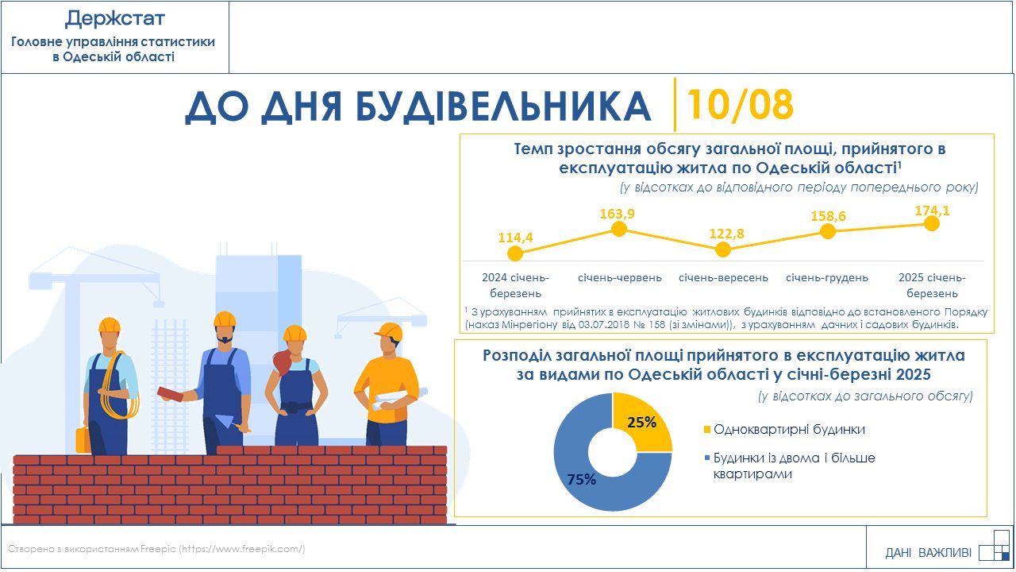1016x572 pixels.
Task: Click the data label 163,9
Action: coord(618,214)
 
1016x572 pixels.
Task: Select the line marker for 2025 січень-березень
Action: coord(932,223)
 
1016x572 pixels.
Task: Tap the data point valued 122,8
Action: coord(723,249)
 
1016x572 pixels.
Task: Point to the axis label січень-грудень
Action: coord(827,277)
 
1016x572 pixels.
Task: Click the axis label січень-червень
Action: coord(620,277)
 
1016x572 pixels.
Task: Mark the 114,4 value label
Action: coord(516,238)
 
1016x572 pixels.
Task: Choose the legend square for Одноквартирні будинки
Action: coord(706,430)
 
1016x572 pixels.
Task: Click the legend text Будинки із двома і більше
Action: coord(795,458)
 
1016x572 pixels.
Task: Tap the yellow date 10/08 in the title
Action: coord(741,105)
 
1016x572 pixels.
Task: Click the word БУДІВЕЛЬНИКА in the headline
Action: coord(503,106)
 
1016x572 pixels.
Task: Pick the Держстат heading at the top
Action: coord(114,19)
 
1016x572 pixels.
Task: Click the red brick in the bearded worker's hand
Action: coord(171,393)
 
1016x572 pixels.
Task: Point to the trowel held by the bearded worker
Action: coord(229,422)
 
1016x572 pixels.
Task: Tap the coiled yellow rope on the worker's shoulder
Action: coord(119,386)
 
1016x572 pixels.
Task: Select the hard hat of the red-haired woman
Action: coord(294,333)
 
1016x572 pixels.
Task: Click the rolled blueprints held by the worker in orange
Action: coord(399,398)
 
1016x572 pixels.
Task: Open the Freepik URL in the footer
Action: coord(242,549)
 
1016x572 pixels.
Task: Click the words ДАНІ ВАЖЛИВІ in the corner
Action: coord(928,552)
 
